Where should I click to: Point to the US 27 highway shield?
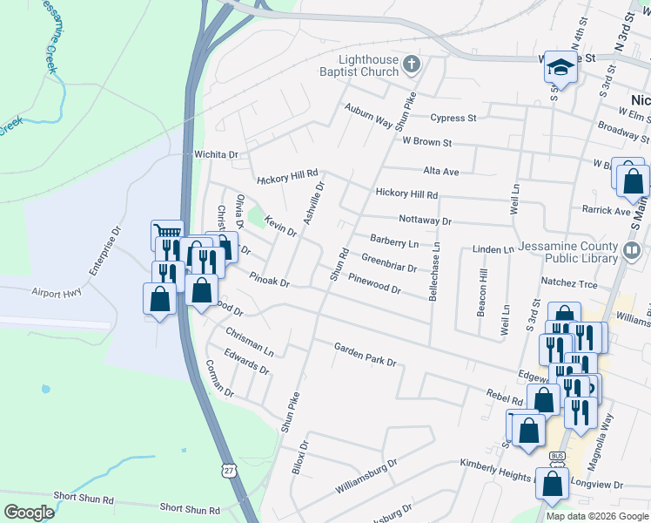pos(228,470)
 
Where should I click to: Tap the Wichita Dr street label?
pos(216,154)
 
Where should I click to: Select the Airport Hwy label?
pos(57,293)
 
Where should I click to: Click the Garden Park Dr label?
pos(366,355)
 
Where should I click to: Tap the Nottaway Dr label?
pos(425,221)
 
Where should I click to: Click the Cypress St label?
pos(453,118)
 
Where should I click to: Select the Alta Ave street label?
pos(440,172)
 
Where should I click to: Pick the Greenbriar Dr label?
pos(389,262)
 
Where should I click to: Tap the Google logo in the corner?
pos(30,513)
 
